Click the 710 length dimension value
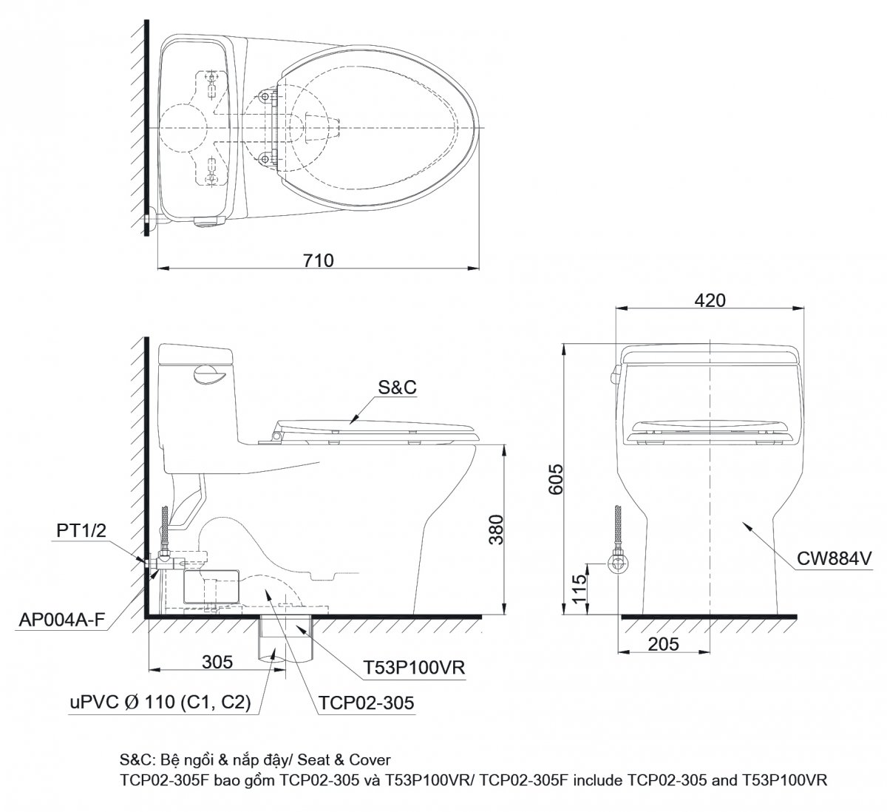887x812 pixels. click(x=319, y=260)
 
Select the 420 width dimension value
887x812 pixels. click(x=710, y=300)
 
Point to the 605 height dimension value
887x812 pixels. click(x=555, y=479)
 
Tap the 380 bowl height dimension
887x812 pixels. click(x=497, y=530)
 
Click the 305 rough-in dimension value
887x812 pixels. click(x=217, y=662)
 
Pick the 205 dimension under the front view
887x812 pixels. click(x=663, y=644)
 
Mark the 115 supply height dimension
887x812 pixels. click(x=580, y=589)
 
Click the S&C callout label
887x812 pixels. click(x=397, y=388)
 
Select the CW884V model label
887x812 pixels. click(x=834, y=559)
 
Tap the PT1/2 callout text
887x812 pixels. click(x=81, y=530)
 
